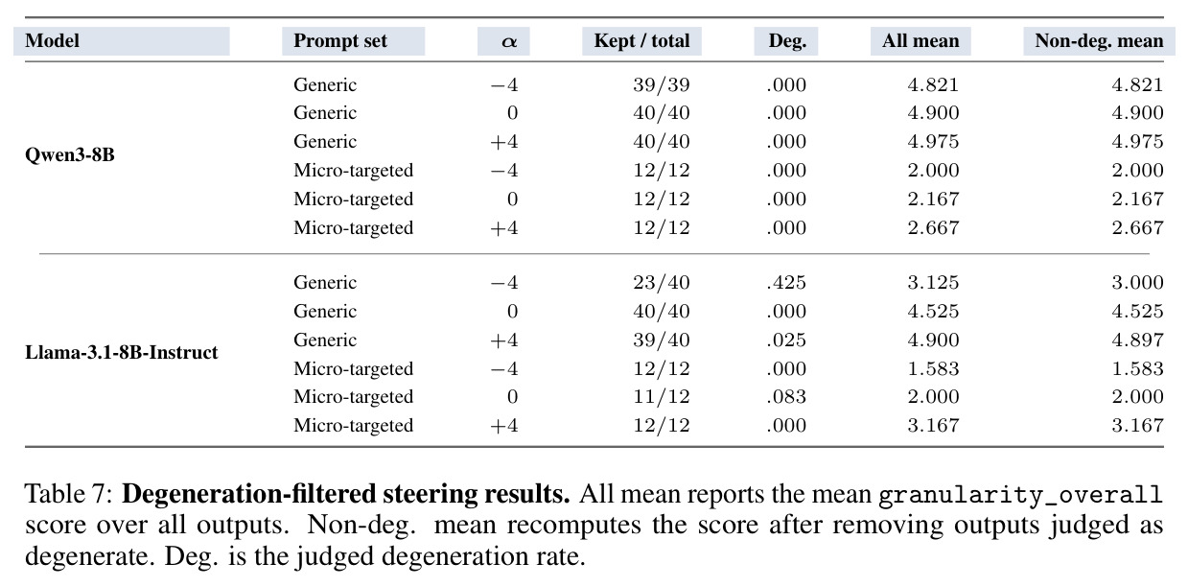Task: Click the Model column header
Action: coord(52,41)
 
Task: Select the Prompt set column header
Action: coord(340,41)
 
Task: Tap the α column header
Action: coord(508,41)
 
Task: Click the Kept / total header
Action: coord(641,41)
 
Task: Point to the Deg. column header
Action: coord(787,41)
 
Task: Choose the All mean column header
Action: coord(920,41)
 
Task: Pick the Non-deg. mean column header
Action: coord(1099,41)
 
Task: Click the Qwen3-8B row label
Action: coord(69,155)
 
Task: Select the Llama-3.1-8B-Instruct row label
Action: coord(122,352)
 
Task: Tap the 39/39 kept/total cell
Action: coord(662,85)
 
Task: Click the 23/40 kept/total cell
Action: coord(662,282)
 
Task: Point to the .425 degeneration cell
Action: coord(786,282)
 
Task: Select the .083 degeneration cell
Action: coord(786,396)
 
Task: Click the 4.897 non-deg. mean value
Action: coord(1137,340)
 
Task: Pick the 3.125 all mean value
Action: coord(934,282)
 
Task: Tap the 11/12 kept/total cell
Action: coord(662,396)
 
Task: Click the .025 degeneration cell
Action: coord(786,340)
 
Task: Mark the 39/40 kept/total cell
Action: coord(662,340)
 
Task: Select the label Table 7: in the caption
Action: coord(68,494)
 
